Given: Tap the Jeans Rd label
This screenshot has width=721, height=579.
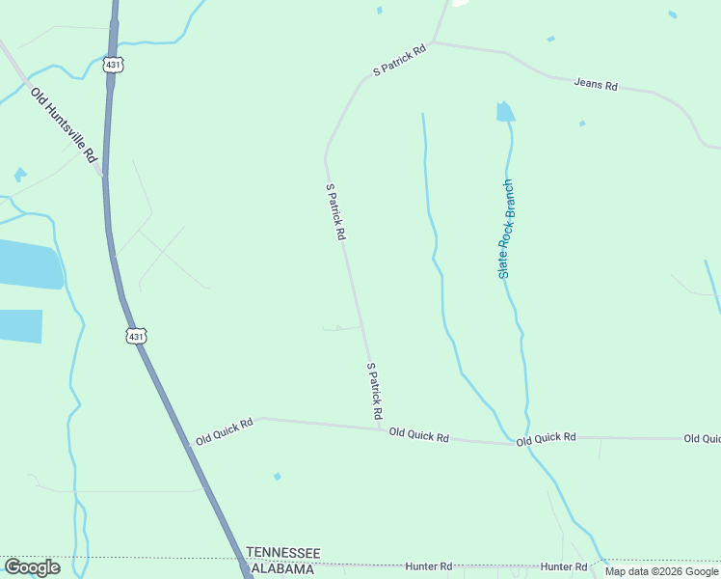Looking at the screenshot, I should [596, 85].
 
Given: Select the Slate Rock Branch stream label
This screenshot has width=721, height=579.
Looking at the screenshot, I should [506, 230].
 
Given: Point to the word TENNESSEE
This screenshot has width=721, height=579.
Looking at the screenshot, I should [283, 552].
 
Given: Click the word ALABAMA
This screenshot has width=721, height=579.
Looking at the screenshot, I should [282, 569].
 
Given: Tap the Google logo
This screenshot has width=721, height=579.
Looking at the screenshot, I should [32, 567].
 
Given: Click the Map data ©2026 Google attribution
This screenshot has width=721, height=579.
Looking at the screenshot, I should [662, 571].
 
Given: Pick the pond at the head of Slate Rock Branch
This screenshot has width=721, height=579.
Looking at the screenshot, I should [505, 112].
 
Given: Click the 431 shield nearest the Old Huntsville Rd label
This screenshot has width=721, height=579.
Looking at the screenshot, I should [114, 65].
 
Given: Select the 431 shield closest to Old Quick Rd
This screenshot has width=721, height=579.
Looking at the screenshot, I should [136, 336].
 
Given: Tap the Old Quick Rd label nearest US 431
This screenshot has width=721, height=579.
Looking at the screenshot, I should [224, 430].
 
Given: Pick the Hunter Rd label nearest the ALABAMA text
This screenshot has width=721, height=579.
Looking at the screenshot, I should [429, 566].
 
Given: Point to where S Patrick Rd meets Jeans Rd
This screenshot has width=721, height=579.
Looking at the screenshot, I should [433, 41].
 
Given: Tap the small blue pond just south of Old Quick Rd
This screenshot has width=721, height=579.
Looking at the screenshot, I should [277, 477].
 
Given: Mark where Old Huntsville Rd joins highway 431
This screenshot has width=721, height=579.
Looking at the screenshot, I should [104, 177].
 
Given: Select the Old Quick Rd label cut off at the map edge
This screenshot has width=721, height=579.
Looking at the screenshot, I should [702, 439].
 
